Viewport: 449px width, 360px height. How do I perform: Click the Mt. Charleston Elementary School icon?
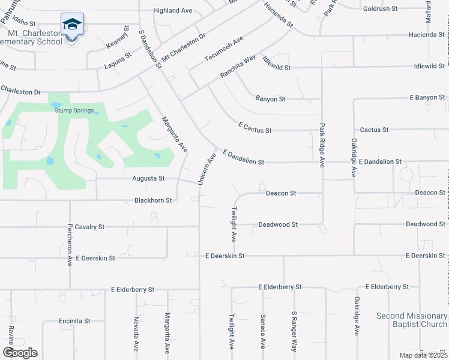coord(72,25)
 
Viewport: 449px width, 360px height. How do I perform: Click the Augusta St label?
coord(149,179)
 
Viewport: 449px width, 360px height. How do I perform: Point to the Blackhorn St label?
coord(153,200)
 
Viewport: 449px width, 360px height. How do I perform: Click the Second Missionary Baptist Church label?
coord(412,320)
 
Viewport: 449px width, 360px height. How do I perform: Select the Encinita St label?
coord(74,321)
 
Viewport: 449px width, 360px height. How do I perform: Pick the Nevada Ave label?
coord(136,334)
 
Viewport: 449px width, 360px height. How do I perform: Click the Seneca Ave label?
coord(263,331)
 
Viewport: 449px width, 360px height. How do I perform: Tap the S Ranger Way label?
coord(295,331)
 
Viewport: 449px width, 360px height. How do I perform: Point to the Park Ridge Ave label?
coord(322,145)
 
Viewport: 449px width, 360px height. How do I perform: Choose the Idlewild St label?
coord(276,68)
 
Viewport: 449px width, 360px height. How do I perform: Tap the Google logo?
coord(20,353)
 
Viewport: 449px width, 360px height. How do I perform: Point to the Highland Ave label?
coord(172,11)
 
